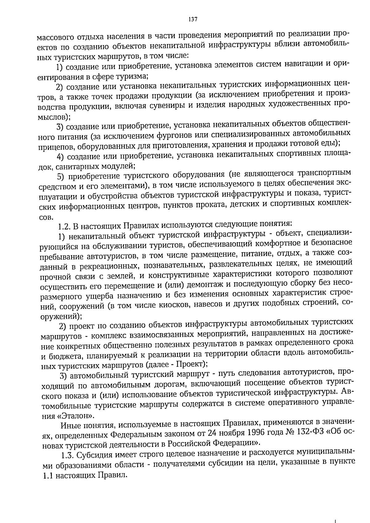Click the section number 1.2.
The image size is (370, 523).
pos(64,227)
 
